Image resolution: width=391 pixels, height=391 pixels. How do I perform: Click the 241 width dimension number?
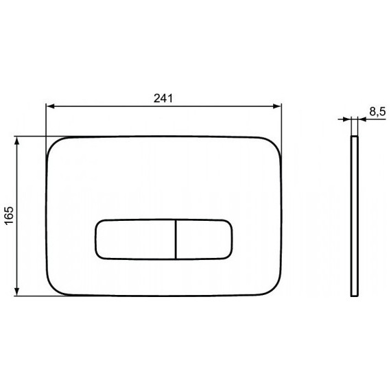click(x=163, y=97)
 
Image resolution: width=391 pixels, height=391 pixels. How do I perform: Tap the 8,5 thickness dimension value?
click(x=376, y=111)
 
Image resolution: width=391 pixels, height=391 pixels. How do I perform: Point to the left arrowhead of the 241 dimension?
click(x=50, y=106)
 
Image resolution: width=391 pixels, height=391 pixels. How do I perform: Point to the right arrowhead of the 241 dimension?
click(x=278, y=106)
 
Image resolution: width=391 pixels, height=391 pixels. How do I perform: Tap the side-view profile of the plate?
click(x=354, y=215)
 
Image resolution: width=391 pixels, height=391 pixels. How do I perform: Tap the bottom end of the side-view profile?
click(x=354, y=295)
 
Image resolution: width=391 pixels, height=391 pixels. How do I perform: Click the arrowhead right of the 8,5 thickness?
click(x=361, y=121)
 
